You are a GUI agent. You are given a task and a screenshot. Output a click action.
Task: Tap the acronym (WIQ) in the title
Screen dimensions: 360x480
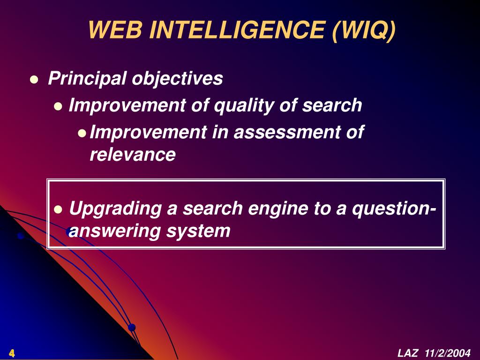pos(364,30)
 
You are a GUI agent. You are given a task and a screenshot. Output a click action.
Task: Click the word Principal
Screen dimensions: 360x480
pos(87,79)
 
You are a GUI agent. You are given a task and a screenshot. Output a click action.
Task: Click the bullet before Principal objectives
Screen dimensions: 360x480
pos(33,80)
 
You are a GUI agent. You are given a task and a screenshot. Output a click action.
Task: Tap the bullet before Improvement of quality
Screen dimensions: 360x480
pos(58,106)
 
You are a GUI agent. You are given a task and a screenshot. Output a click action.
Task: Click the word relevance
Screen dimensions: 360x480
pos(133,154)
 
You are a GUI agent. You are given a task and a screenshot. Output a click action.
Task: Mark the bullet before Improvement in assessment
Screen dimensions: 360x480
pos(82,133)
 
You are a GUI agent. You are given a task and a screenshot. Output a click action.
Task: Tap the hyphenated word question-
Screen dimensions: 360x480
pos(394,209)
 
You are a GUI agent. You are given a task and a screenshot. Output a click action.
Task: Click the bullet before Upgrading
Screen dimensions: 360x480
pos(58,209)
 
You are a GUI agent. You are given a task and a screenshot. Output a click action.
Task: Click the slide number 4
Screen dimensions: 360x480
pos(11,353)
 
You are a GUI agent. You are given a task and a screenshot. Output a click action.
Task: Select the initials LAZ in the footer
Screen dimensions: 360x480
pos(407,353)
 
